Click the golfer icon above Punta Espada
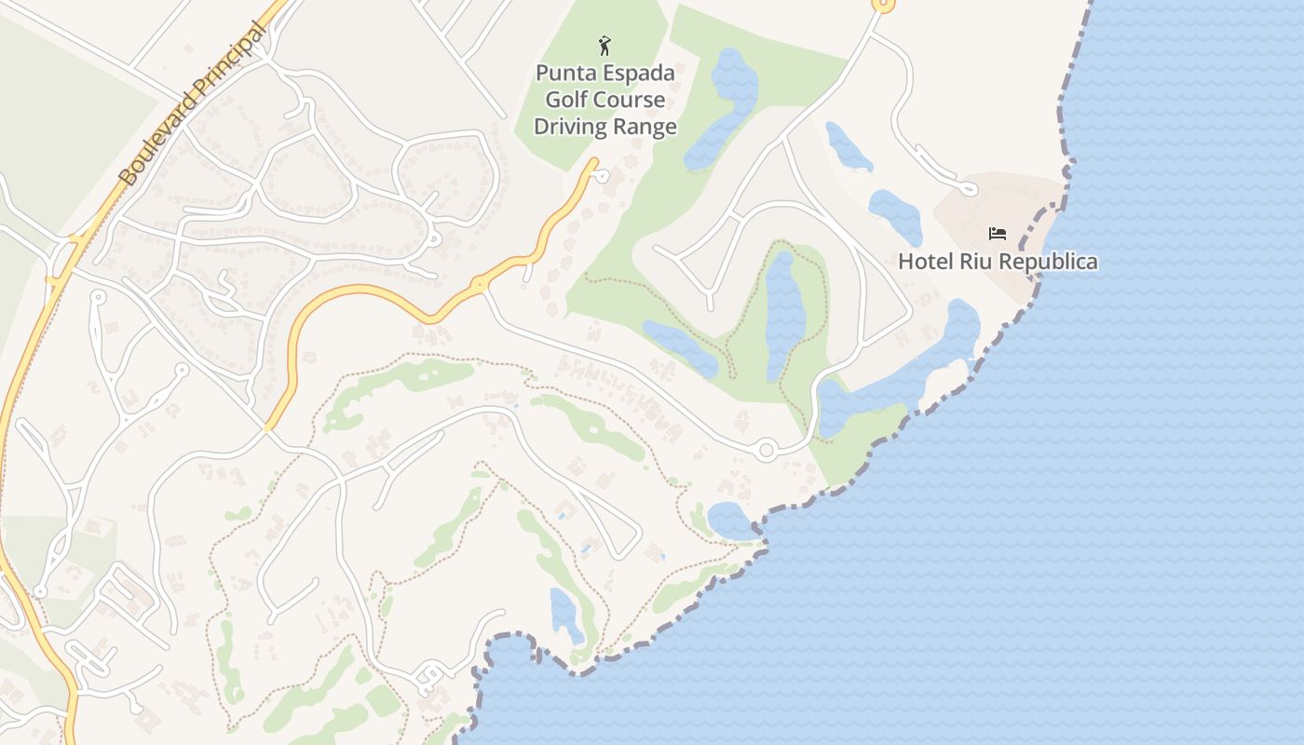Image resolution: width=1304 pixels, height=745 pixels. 604,45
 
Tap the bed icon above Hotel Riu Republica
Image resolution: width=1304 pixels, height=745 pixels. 998,233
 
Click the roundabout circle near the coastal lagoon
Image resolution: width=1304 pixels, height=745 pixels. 766,451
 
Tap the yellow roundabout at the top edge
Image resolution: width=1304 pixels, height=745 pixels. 883,5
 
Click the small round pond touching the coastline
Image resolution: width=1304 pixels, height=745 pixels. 730,520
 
